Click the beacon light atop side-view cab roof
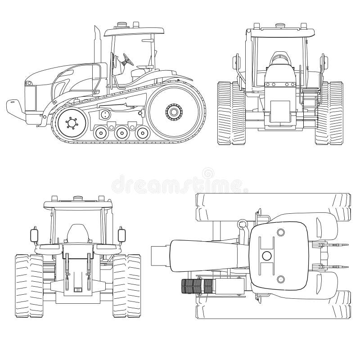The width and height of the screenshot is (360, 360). click(121, 24)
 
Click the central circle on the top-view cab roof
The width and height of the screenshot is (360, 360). click(266, 256)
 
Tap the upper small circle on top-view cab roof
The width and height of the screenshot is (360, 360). click(280, 232)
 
